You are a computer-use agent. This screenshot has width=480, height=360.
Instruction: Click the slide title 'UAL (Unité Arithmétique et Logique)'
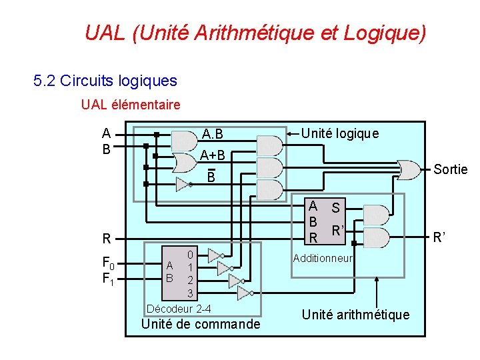(x=255, y=33)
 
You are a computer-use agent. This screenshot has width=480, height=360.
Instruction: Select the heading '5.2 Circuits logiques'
(x=105, y=81)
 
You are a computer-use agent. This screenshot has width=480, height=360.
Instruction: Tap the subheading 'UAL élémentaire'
(x=131, y=105)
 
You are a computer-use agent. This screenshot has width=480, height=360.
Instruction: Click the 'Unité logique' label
(x=340, y=133)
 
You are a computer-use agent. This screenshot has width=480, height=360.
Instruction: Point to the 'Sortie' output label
(x=451, y=169)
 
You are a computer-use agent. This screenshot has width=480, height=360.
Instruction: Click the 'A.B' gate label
(x=213, y=135)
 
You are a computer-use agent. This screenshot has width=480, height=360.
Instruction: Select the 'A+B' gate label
(x=213, y=155)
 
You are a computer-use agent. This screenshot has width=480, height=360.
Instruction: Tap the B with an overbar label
(x=211, y=177)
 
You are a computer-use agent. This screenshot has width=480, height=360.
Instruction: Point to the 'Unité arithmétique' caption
(x=355, y=315)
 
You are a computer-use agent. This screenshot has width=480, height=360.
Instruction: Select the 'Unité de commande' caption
(x=201, y=325)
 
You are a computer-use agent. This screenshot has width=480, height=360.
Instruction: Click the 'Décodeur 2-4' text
(x=179, y=308)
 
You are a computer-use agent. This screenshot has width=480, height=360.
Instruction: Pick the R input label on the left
(x=105, y=238)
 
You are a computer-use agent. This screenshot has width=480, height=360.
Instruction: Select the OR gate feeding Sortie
(x=406, y=169)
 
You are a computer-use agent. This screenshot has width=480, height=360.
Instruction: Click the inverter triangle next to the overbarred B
(x=183, y=184)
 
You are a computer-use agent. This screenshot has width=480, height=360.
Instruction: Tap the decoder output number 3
(x=190, y=293)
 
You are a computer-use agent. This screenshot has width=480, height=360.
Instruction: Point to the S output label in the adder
(x=336, y=208)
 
